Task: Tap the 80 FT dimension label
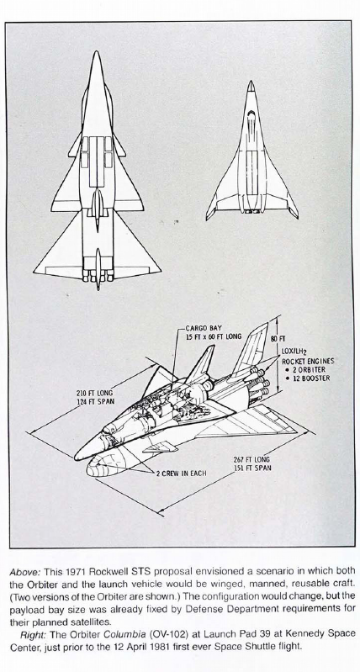[x=275, y=339]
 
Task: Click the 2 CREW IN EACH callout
[x=181, y=474]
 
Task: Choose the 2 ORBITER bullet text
[x=304, y=369]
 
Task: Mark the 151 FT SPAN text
[x=252, y=468]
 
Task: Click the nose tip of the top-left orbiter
[x=98, y=51]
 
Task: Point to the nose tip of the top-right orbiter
[x=251, y=81]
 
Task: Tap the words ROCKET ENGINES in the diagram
[x=308, y=361]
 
